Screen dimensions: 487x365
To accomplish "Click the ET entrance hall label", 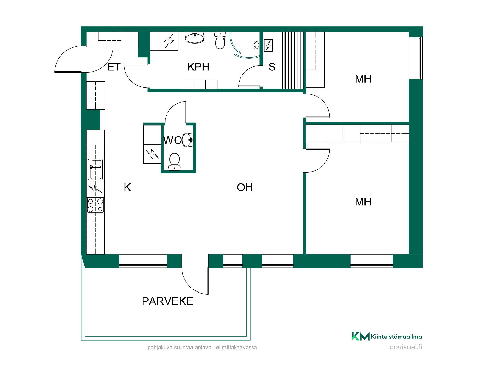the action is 114,67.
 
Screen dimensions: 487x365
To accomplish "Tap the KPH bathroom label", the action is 198,67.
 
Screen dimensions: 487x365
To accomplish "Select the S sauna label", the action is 272,67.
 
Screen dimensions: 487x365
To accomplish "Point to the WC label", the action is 172,140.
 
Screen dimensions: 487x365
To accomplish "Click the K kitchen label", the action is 127,187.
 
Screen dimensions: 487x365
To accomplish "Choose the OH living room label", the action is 245,187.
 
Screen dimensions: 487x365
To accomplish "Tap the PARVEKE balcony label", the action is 167,301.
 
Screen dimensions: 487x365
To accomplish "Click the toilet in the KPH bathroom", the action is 220,41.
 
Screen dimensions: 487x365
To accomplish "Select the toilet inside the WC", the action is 174,161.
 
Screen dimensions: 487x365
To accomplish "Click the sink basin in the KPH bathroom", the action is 195,38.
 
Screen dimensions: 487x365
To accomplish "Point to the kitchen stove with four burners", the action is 95,205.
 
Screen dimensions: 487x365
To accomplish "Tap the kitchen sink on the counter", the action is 95,169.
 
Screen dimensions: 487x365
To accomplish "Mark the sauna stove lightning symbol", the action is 268,45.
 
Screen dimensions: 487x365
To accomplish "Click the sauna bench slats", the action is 293,60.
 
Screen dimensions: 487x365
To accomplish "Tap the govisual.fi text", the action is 406,347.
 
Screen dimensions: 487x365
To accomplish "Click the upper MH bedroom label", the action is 363,79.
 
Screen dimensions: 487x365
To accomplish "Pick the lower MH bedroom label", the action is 363,202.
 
